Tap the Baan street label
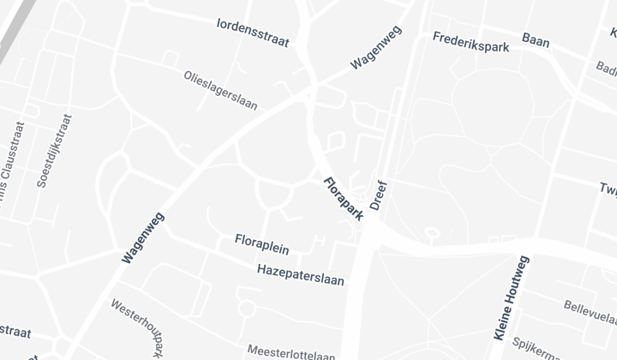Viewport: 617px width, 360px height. pyautogui.click(x=536, y=40)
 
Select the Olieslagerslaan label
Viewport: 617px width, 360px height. pyautogui.click(x=220, y=90)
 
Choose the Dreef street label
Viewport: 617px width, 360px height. pyautogui.click(x=380, y=195)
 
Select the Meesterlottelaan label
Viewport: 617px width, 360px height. pyautogui.click(x=291, y=351)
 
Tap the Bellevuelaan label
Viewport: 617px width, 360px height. pyautogui.click(x=590, y=309)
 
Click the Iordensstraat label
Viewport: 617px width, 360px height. pyautogui.click(x=253, y=32)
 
